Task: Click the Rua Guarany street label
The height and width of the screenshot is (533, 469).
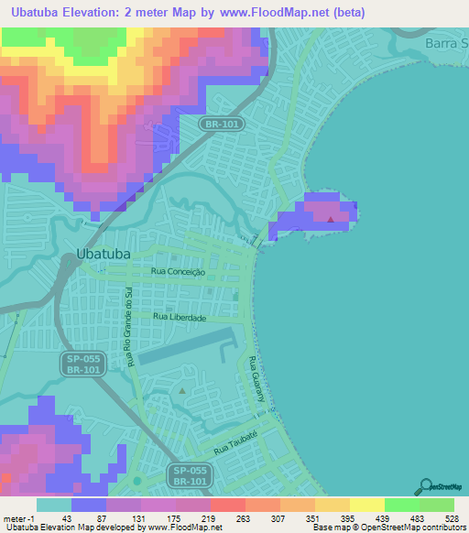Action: pos(251,376)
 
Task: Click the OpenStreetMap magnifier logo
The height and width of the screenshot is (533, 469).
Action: pos(426,486)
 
